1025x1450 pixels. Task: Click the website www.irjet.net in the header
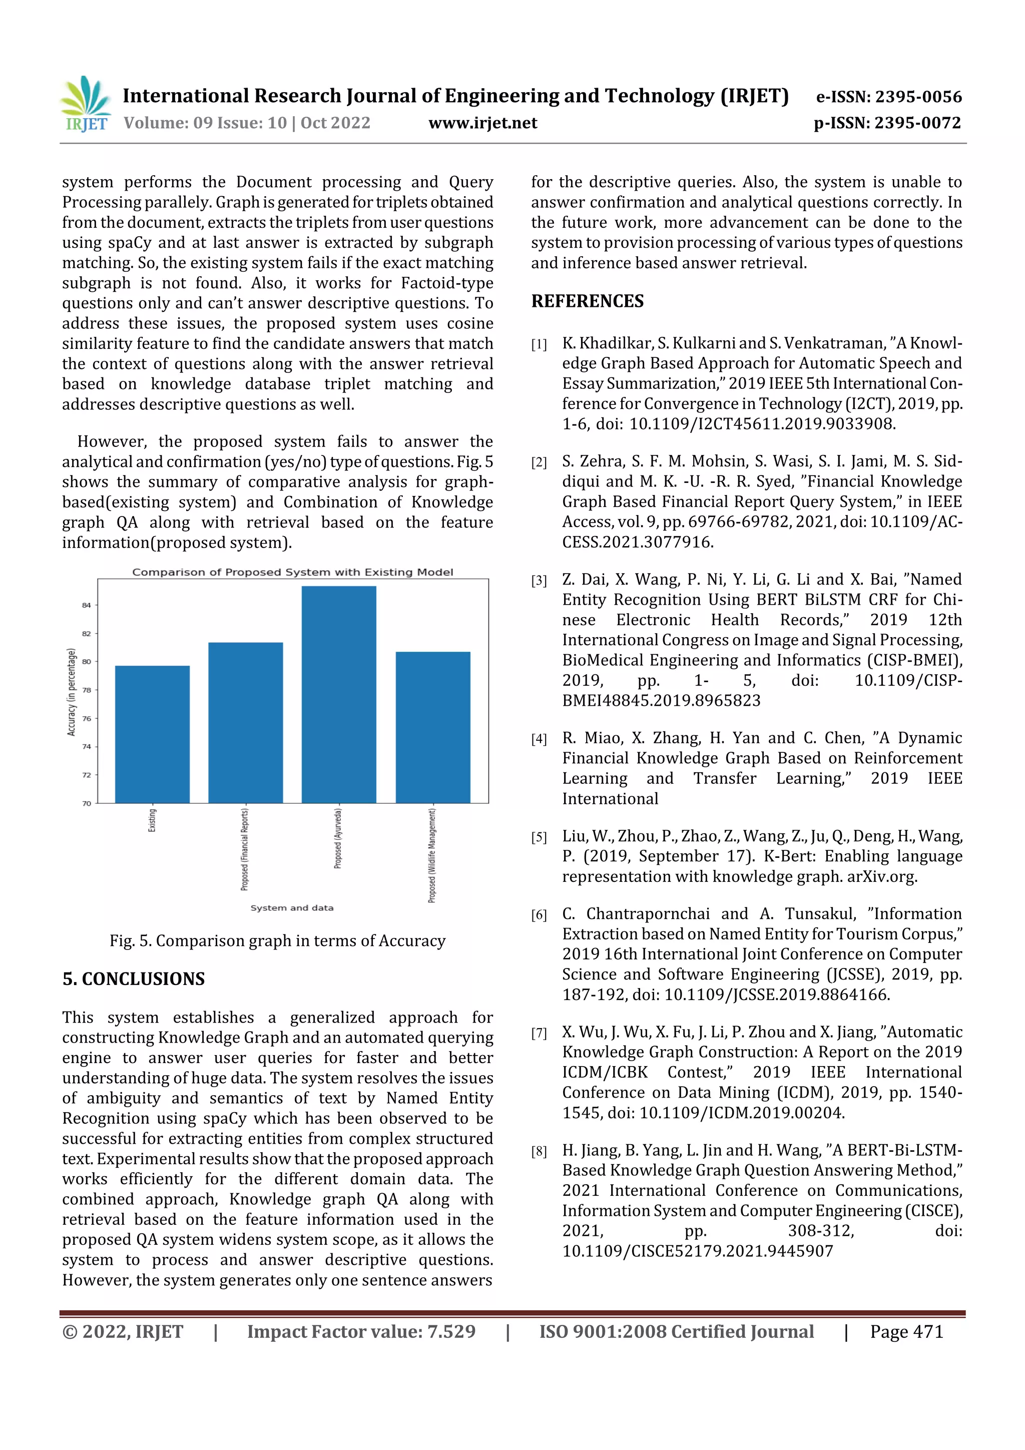coord(482,123)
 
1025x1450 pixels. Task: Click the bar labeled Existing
coord(152,734)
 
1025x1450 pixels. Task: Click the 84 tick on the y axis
coord(87,605)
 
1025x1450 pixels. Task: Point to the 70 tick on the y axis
coord(87,803)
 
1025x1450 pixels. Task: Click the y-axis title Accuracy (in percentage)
coord(72,692)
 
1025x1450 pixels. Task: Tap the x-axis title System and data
coord(292,907)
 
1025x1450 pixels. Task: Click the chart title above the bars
coord(292,572)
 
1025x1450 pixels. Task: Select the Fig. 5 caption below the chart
coord(277,940)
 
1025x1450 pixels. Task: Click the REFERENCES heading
coord(588,301)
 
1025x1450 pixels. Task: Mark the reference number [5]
coord(539,837)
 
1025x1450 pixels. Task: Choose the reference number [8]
coord(539,1151)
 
